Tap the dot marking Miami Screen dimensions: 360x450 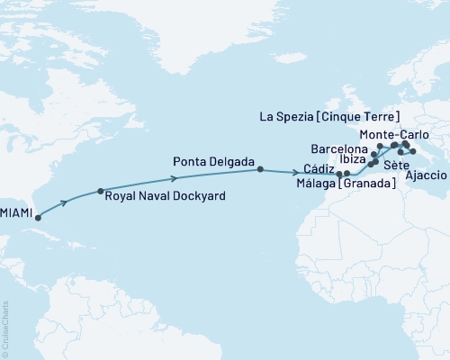(37, 218)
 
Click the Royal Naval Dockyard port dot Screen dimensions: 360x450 (100, 192)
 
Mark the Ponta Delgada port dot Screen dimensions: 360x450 (260, 169)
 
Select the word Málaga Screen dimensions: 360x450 (314, 184)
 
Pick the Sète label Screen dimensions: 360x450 (393, 166)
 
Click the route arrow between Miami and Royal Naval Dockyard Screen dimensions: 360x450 (64, 203)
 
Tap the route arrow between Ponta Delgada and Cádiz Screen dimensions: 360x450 (296, 171)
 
